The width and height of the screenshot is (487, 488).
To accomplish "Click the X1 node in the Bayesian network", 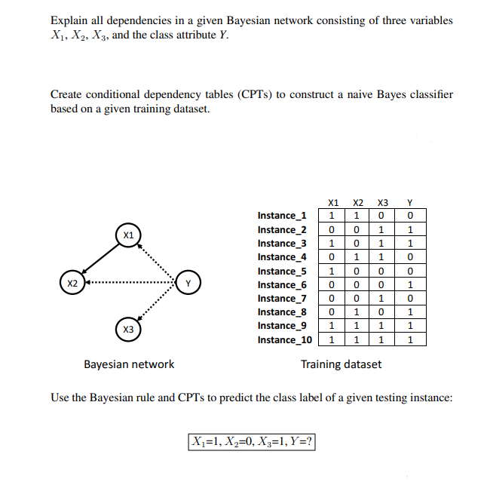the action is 128,235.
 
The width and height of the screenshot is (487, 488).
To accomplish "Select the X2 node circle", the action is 72,284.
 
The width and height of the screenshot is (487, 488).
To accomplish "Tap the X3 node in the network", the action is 128,330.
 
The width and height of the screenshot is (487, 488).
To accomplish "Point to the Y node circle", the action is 188,284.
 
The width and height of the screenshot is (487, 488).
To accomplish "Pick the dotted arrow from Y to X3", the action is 158,307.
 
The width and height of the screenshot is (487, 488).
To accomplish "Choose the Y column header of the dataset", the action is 409,202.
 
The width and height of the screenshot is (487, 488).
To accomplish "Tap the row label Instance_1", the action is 282,216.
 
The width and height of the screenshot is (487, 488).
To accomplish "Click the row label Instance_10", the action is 284,340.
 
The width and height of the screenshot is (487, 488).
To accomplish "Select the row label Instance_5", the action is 282,272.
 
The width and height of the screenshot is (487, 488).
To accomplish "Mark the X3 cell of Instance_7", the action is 382,299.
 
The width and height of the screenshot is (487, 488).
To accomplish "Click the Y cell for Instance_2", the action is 409,229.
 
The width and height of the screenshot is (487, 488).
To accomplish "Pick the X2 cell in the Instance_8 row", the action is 358,312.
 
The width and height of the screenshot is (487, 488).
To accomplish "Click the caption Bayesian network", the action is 128,364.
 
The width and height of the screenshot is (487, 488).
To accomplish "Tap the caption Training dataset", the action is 341,364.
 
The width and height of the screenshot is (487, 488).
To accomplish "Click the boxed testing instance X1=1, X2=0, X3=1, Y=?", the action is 251,441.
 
